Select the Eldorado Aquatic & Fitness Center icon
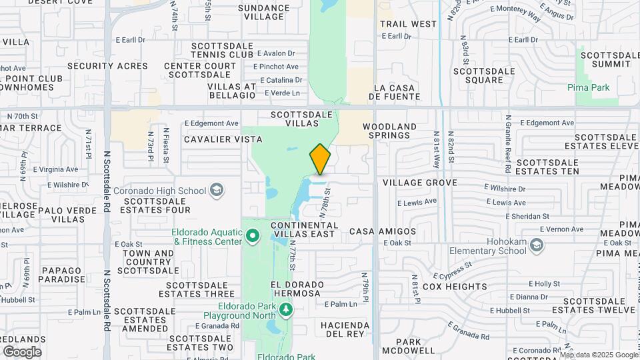253,236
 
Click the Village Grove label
419,182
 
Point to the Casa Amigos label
392,231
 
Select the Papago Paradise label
63,275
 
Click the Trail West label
408,24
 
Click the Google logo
22,351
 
